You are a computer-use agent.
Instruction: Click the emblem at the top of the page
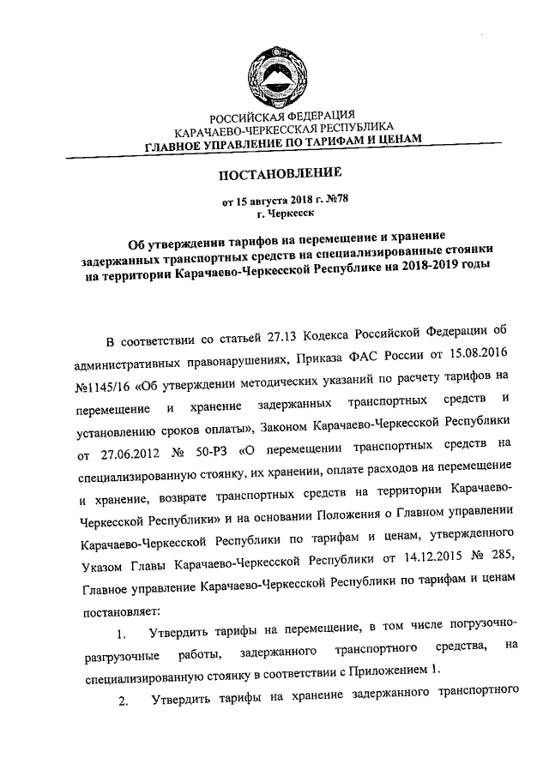(274, 71)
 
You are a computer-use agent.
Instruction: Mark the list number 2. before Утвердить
(124, 701)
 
